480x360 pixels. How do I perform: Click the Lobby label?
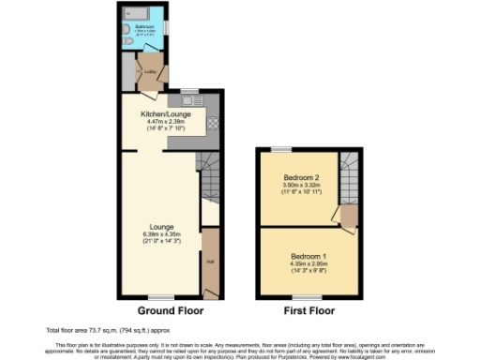pos(149,70)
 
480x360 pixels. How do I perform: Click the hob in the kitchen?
pos(212,123)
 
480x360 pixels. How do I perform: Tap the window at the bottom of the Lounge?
pos(161,298)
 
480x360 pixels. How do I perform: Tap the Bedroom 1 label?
pos(307,256)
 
